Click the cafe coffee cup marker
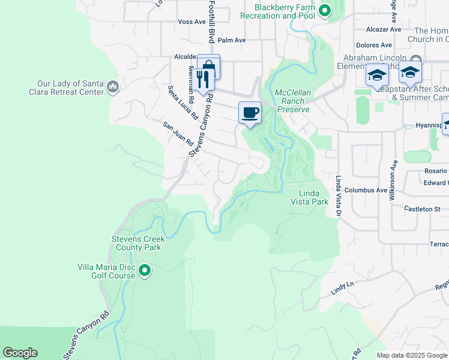tap(250, 112)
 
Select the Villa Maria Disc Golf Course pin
tap(145, 271)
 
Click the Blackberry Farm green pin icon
tap(325, 10)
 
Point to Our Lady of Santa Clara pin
tap(112, 88)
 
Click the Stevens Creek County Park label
tap(137, 243)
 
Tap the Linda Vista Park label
tap(314, 197)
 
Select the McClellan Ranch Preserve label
tap(292, 101)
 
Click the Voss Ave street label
tap(192, 22)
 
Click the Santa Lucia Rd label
tap(183, 103)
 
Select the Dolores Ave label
tap(373, 45)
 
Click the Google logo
tap(20, 353)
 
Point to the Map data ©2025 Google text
tap(411, 355)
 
